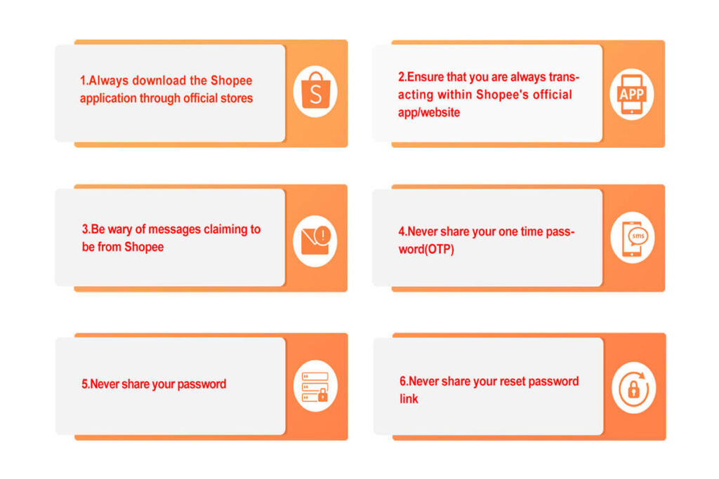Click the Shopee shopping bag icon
point(315,93)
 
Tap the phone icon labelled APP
point(632,94)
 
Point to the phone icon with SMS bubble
point(633,238)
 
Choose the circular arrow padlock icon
point(633,388)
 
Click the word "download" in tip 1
point(160,81)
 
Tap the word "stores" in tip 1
point(236,98)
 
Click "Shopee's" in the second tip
point(503,95)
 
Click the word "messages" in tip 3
point(172,229)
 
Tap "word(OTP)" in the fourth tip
point(426,248)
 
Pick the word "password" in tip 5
point(202,384)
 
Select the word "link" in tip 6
point(409,399)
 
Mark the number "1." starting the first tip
point(84,81)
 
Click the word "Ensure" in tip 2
point(426,77)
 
